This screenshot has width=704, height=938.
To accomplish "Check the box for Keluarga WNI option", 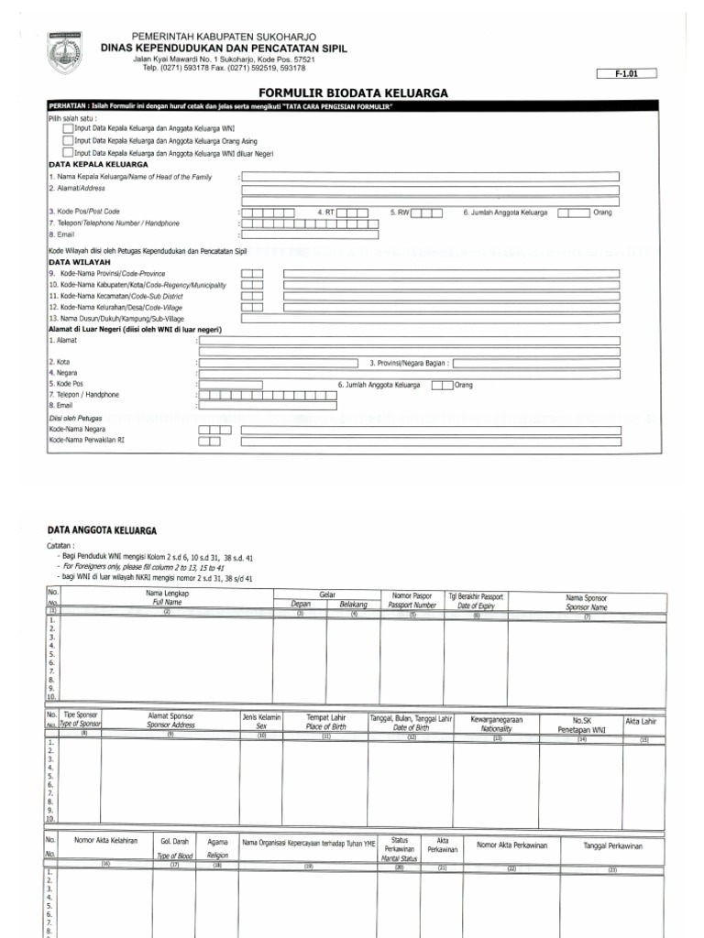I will pyautogui.click(x=69, y=129).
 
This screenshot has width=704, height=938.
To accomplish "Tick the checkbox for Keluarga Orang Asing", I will pyautogui.click(x=69, y=140).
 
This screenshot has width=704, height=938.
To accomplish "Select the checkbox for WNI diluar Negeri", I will pyautogui.click(x=69, y=152).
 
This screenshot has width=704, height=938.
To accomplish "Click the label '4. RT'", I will pyautogui.click(x=325, y=213).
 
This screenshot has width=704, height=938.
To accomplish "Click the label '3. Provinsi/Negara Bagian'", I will pyautogui.click(x=409, y=363).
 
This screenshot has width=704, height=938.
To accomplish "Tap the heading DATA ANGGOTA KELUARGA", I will pyautogui.click(x=102, y=530).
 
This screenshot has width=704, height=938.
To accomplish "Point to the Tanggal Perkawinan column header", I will pyautogui.click(x=613, y=845).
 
